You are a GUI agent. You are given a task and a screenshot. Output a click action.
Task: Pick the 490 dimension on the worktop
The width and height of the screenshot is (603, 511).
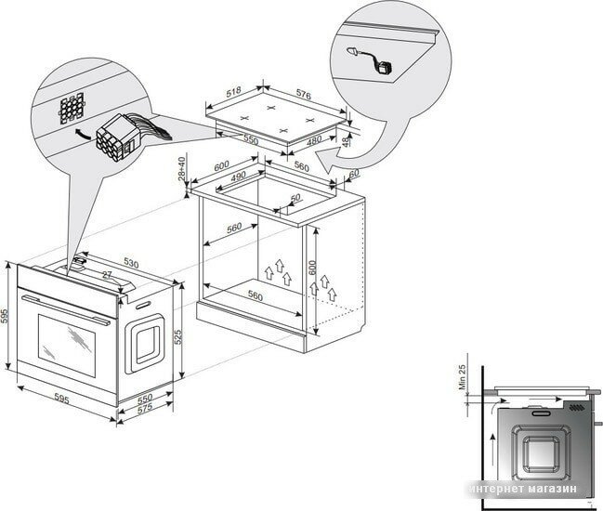(x=237, y=177)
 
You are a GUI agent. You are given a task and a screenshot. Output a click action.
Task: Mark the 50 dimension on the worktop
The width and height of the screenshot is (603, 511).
(x=296, y=198)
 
